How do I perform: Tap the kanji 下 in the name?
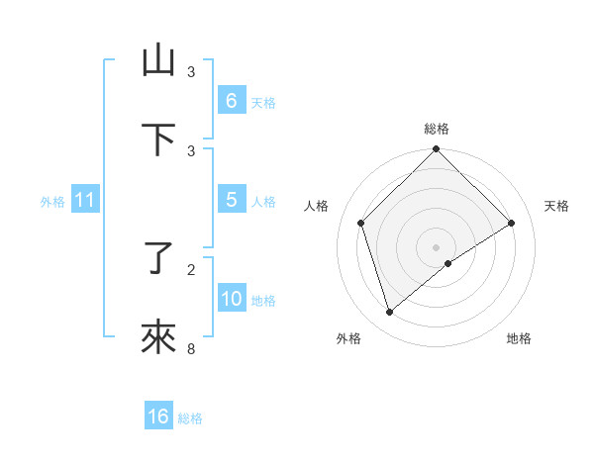coord(158,139)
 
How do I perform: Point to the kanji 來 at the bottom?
coord(158,337)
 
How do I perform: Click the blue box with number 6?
coord(231,100)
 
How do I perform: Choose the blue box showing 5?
coord(231,199)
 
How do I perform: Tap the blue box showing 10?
coord(231,298)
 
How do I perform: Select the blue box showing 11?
coord(84,200)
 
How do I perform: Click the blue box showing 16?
coord(158,417)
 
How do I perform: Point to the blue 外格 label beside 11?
coord(52,201)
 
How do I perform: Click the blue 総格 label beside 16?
coord(190,418)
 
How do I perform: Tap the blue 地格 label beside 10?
coord(263,300)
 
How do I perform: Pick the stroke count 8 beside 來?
coord(191,348)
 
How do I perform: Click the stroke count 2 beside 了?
coord(191,269)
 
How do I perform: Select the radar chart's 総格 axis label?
coord(437,129)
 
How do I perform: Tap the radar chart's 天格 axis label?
coord(556,206)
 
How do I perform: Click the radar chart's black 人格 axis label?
coord(317,206)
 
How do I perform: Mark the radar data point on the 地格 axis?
coord(448,263)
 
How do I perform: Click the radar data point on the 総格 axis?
coord(437,150)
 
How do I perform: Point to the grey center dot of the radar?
coord(437,246)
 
